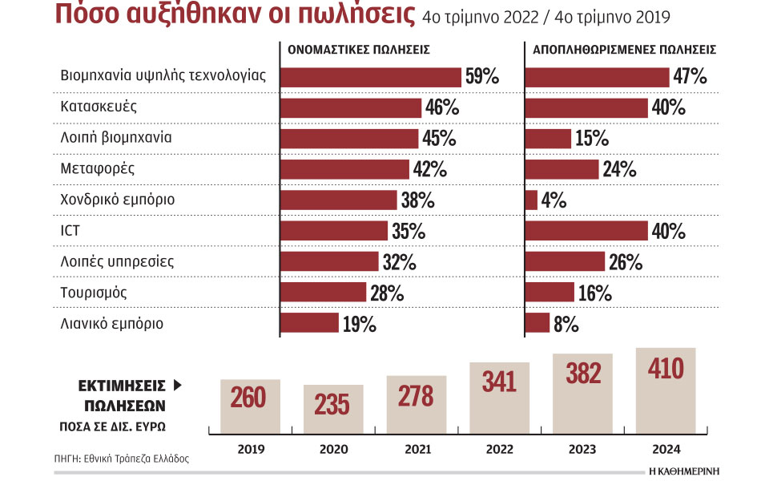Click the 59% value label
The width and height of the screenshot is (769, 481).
click(481, 77)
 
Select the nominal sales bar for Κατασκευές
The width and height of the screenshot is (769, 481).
click(351, 107)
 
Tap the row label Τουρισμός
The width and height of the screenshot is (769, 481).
click(94, 293)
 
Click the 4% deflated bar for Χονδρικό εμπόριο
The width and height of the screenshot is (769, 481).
click(531, 200)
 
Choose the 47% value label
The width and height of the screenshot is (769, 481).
click(690, 77)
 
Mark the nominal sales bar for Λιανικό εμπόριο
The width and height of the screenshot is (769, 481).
click(309, 323)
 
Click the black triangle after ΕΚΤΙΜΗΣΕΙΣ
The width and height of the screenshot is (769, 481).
click(178, 386)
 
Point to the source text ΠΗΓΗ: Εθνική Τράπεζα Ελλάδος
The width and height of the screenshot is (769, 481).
click(122, 459)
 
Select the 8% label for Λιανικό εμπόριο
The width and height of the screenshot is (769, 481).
click(565, 324)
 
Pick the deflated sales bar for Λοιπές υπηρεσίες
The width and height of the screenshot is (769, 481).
click(565, 261)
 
